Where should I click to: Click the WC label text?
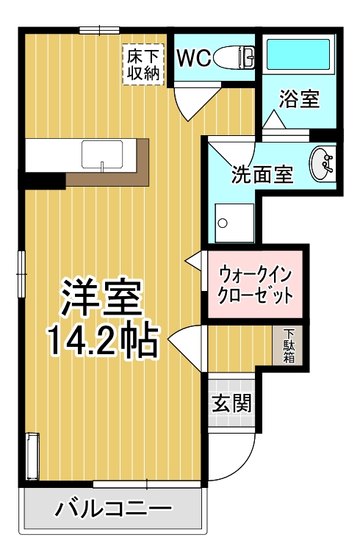(x=195, y=57)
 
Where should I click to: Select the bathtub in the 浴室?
(x=298, y=55)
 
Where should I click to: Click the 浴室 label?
(x=300, y=100)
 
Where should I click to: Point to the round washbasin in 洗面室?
(x=322, y=163)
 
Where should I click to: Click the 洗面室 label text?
(x=262, y=175)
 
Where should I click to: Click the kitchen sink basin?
(x=102, y=154)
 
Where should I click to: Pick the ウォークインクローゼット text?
(x=256, y=285)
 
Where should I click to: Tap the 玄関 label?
(x=233, y=403)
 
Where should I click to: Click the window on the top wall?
(x=100, y=30)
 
